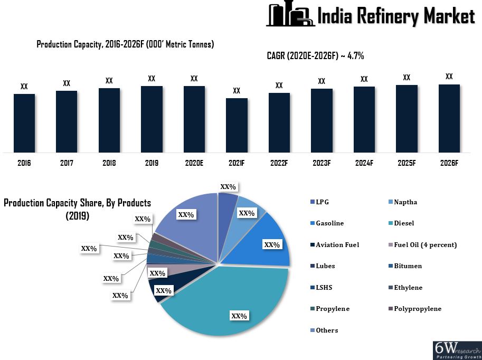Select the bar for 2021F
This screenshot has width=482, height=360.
coord(237,125)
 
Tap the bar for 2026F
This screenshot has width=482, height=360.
coord(449,118)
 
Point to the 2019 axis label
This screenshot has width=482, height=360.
coord(152,163)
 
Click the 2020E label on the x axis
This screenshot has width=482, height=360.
coord(194,163)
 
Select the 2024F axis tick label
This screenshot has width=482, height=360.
coord(364,163)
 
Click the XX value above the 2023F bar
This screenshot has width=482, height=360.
coord(322,81)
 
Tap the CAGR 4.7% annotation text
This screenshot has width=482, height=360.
coord(315,56)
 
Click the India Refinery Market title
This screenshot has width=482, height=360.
coord(395,16)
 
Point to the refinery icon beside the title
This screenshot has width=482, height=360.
coord(289,15)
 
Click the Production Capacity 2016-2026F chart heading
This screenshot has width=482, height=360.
coord(125,44)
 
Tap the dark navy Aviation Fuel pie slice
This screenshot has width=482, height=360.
coord(159,289)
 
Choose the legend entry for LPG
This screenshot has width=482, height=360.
coord(323,202)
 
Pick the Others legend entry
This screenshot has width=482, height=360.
coord(327,330)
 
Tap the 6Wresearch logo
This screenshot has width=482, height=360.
coord(457,350)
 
